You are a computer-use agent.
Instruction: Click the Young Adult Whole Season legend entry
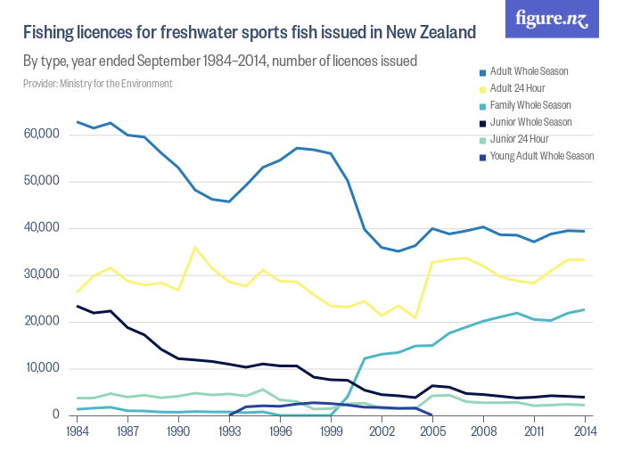click(542, 156)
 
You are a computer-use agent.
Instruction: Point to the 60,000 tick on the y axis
click(41, 135)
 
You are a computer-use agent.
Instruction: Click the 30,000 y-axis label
click(41, 275)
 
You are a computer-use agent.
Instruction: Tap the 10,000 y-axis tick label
click(41, 368)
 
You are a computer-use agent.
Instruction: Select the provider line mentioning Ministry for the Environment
click(97, 84)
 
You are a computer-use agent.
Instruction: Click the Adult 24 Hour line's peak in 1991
click(195, 248)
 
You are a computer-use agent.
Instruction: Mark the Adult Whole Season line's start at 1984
click(78, 121)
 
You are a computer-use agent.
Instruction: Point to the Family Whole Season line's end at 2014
click(583, 309)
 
